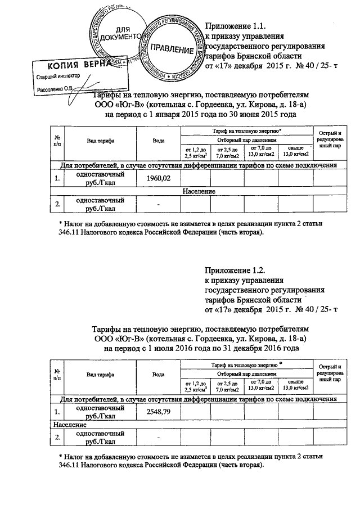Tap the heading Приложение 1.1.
pyautogui.click(x=235, y=26)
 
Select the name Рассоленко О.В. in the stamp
pyautogui.click(x=55, y=88)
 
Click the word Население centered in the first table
pyautogui.click(x=200, y=192)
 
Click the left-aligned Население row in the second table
pyautogui.click(x=67, y=425)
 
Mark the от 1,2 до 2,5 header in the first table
pyautogui.click(x=196, y=152)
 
